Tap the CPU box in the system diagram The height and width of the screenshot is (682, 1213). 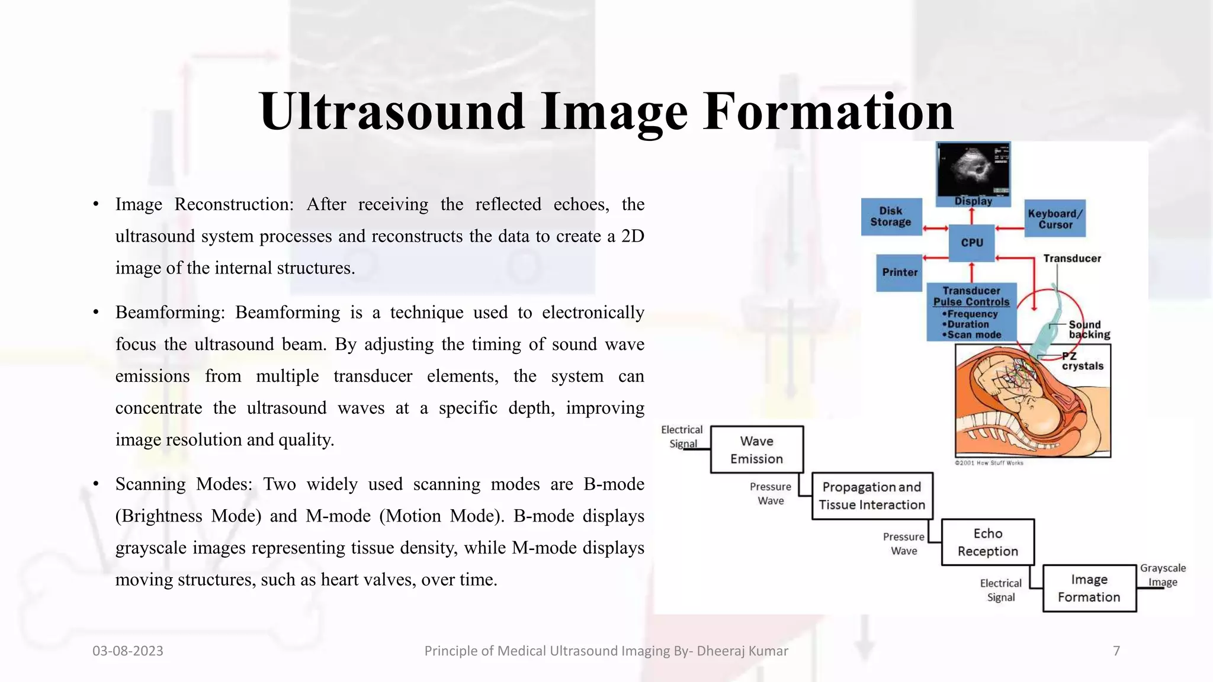tap(972, 243)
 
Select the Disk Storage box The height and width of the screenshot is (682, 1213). tap(891, 217)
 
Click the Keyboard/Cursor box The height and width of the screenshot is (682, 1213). tap(1055, 219)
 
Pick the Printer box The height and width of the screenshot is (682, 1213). tap(899, 272)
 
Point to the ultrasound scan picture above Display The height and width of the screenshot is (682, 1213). tap(973, 169)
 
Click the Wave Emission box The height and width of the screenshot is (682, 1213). tap(756, 450)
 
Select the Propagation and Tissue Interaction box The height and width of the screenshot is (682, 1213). tap(872, 496)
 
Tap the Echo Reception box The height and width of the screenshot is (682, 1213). tap(987, 542)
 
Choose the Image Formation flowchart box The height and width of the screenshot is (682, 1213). tap(1089, 588)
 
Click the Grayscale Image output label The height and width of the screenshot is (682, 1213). tap(1163, 575)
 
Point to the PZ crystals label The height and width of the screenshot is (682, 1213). tap(1082, 361)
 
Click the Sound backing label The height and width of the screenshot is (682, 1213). tap(1089, 330)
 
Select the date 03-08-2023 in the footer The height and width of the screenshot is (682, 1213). tap(128, 651)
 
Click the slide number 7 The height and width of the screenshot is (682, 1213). tap(1116, 651)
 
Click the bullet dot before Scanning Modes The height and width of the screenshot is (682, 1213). tap(96, 484)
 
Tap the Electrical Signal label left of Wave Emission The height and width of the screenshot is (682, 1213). tap(682, 436)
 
